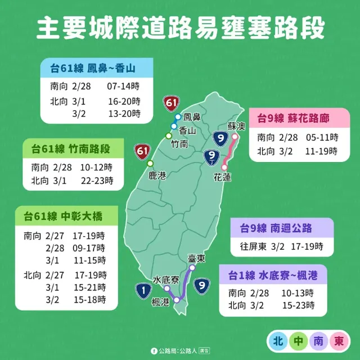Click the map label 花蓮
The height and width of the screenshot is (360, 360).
click(x=223, y=177)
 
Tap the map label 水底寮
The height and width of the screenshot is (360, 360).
click(x=166, y=280)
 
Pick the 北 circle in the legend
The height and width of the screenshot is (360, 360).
click(x=277, y=341)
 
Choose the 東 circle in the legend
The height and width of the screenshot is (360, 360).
click(x=339, y=341)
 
